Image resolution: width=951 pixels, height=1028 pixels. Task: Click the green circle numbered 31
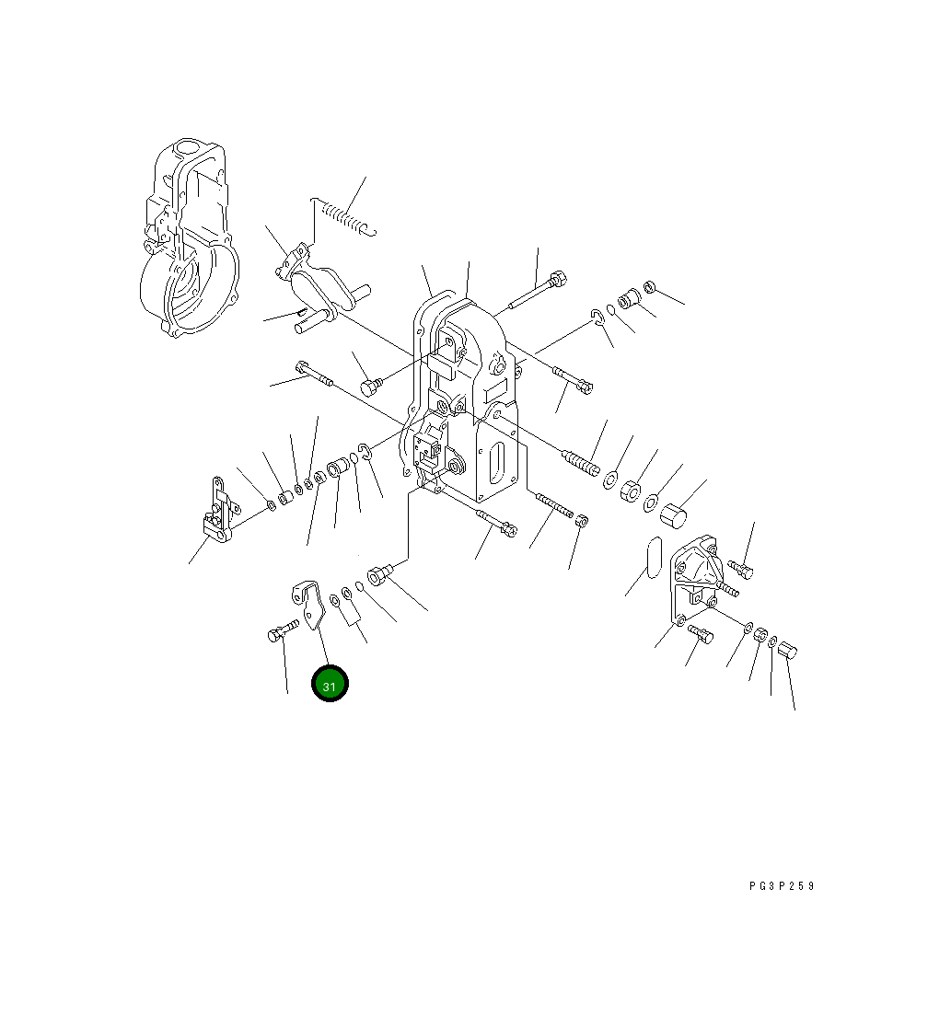tap(330, 683)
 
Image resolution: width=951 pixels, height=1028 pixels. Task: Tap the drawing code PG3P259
tap(781, 885)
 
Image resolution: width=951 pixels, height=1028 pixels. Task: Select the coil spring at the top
tap(343, 215)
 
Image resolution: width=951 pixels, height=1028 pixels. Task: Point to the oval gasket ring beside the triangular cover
tap(654, 558)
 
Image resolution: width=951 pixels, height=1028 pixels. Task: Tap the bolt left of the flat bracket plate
tap(283, 630)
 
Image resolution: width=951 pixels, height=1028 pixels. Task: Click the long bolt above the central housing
tap(537, 291)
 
